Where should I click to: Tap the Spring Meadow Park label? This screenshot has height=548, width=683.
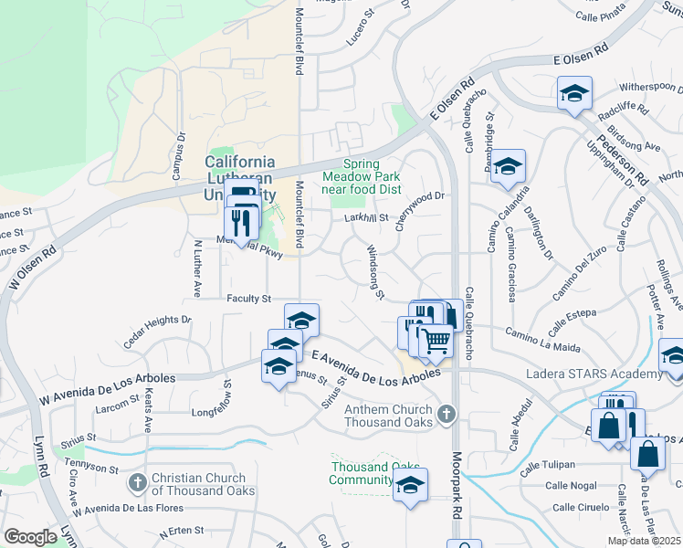coord(360,175)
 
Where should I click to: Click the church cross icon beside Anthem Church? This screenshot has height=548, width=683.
coord(446,415)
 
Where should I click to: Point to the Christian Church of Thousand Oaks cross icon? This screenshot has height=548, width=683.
coord(137,481)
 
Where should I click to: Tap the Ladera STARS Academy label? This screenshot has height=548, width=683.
coord(594,374)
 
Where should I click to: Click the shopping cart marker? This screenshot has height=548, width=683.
coord(436,340)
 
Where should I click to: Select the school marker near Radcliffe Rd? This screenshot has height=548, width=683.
coord(574,92)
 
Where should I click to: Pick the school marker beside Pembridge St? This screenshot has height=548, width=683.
coord(509,166)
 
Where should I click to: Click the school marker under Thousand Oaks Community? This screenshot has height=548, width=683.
coord(411,485)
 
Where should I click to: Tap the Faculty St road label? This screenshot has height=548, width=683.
coord(249,299)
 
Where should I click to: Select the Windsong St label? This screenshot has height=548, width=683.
coord(373,270)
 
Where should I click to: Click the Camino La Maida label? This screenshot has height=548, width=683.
coord(542,339)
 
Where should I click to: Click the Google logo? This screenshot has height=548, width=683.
coord(31,537)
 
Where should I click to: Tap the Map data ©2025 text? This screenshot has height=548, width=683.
coord(644,541)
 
